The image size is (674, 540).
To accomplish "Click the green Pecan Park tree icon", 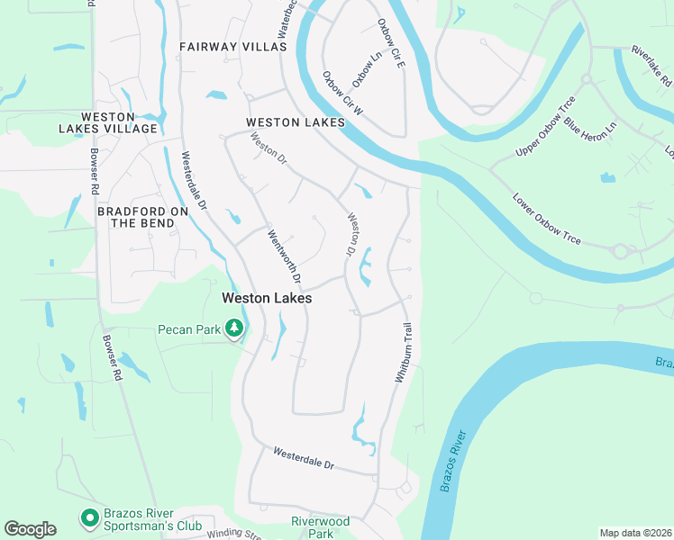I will [x=235, y=329].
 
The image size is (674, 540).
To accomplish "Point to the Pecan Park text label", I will [x=189, y=330].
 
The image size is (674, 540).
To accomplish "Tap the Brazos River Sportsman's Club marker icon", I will [x=89, y=517].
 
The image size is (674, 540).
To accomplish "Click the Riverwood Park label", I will [x=320, y=526].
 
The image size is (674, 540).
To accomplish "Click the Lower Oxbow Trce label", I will [x=547, y=219].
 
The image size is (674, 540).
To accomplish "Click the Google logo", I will [x=30, y=529].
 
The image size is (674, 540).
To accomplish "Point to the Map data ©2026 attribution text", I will [x=635, y=533].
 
